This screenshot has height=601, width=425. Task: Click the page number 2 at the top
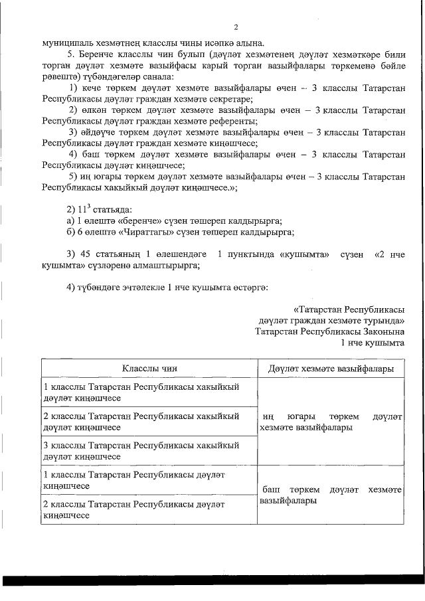[x=236, y=27]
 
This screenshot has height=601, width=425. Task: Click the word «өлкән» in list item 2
[x=96, y=110]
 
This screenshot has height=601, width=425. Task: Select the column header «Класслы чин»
[x=149, y=368]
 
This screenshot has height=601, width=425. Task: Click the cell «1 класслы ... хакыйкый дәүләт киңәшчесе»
[x=141, y=392]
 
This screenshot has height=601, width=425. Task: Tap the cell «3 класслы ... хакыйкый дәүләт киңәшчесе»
[x=141, y=450]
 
